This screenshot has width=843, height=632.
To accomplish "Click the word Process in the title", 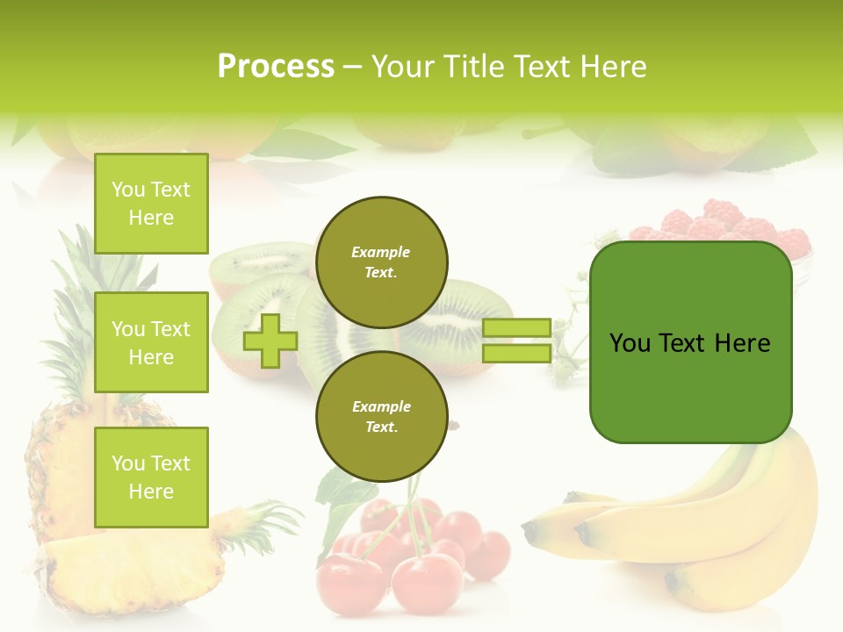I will pyautogui.click(x=276, y=67).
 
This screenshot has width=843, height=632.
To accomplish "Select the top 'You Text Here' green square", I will pyautogui.click(x=151, y=204).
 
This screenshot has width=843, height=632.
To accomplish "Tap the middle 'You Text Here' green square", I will pyautogui.click(x=151, y=342).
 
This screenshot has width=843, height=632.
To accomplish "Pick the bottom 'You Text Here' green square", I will pyautogui.click(x=151, y=477).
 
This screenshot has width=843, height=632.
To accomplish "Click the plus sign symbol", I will pyautogui.click(x=270, y=341).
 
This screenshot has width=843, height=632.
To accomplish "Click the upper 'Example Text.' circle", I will pyautogui.click(x=381, y=262).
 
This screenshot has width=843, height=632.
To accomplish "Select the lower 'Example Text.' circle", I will pyautogui.click(x=381, y=416).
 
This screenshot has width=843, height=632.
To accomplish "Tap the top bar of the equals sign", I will pyautogui.click(x=516, y=328).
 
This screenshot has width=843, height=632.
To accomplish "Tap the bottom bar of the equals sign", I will pyautogui.click(x=516, y=353).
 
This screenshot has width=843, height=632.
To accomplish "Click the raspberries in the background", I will pyautogui.click(x=720, y=223).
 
